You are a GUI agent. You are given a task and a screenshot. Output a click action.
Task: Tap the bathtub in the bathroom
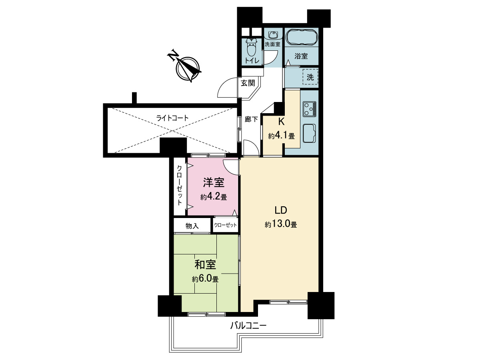301,37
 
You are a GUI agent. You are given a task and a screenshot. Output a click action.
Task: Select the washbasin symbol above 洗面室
272,35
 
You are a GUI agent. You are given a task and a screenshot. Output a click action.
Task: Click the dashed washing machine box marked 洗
310,77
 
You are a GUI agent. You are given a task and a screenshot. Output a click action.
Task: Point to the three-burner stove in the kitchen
309,109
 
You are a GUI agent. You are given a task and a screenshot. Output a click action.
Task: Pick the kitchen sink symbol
309,133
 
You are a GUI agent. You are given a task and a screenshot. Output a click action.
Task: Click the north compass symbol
188,69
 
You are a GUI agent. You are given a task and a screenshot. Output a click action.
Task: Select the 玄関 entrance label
248,83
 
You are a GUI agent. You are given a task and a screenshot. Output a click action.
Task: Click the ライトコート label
172,118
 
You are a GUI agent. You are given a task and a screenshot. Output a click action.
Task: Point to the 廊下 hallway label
251,119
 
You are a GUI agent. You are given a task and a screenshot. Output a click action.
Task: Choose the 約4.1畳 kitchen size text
282,136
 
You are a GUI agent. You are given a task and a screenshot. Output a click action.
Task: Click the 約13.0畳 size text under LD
281,224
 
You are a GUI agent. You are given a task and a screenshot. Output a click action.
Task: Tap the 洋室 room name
214,182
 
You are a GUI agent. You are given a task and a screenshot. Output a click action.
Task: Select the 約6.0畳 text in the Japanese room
205,279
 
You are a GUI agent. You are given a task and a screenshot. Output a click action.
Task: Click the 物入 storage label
192,226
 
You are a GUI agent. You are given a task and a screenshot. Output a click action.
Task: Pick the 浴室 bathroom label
301,56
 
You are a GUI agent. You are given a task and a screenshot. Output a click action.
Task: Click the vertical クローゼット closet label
180,185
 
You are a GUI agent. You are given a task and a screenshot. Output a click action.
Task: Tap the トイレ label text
252,60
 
